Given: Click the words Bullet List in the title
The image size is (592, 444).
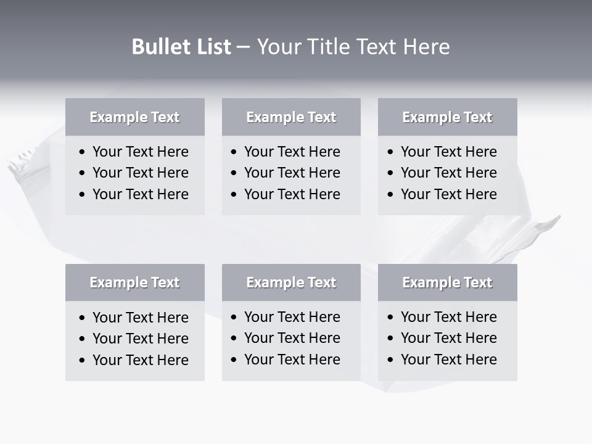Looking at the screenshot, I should [181, 47].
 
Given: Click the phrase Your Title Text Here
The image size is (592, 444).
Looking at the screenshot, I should [353, 47].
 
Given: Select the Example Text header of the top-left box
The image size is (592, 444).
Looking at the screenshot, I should [134, 117].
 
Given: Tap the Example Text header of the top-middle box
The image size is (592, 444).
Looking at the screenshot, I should [291, 117].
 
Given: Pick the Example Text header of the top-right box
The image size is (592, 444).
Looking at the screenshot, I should [447, 117].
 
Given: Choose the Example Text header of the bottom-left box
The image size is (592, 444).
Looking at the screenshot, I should [134, 282].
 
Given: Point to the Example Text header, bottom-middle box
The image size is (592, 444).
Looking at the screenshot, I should [291, 282].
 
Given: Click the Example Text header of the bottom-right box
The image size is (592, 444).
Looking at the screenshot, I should [447, 282].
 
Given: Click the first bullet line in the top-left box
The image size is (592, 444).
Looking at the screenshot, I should [140, 152].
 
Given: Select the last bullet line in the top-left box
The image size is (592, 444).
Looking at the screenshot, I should [140, 194].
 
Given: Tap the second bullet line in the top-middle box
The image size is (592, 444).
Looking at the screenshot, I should [292, 173].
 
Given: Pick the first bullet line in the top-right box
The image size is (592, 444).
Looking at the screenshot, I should [448, 152].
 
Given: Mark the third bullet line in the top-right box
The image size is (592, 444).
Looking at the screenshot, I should [448, 194].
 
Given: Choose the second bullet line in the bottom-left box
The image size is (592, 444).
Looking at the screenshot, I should [140, 339].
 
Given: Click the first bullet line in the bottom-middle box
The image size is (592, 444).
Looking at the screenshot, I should [292, 317].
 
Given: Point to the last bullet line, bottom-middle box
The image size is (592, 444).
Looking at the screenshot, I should [292, 360].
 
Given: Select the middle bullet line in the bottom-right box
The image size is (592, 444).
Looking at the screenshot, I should [448, 338].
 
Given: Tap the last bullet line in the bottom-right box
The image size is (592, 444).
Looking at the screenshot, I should [448, 360].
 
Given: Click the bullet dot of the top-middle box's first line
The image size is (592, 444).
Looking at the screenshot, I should [234, 152].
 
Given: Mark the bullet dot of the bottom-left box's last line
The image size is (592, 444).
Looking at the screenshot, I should [83, 361].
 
